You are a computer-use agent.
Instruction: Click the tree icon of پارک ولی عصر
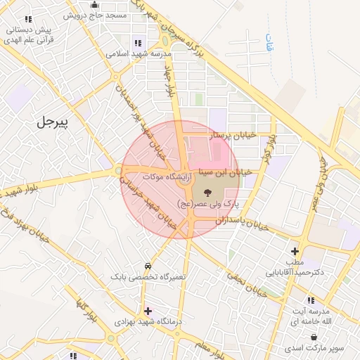click(207, 191)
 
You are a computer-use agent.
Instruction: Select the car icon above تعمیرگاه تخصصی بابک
click(148, 266)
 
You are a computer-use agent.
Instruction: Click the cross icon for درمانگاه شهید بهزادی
click(147, 311)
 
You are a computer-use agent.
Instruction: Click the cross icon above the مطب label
click(295, 251)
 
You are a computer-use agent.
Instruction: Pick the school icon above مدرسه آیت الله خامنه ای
click(311, 301)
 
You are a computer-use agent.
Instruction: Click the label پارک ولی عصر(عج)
click(207, 203)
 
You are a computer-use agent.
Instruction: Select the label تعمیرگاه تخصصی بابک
click(148, 277)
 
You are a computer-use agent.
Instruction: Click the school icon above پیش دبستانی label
click(27, 20)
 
